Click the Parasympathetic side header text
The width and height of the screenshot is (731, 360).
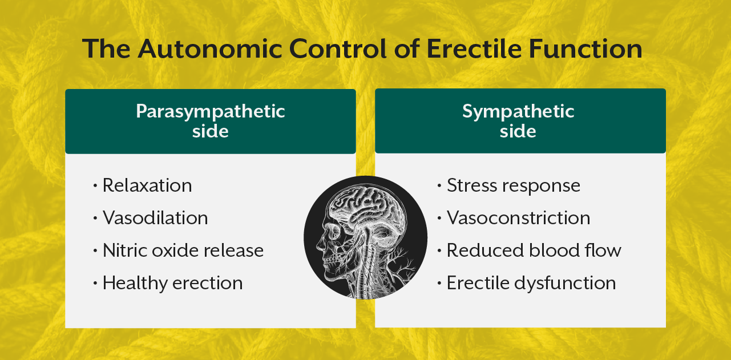click(x=210, y=120)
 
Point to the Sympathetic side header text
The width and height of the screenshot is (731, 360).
click(x=518, y=120)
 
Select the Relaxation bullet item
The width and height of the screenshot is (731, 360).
click(x=147, y=185)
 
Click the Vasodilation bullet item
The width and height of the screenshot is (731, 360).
click(x=155, y=218)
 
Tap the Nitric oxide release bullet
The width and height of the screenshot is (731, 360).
click(x=183, y=250)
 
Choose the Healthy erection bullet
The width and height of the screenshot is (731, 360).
click(x=172, y=283)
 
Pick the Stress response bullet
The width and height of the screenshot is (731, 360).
click(x=513, y=185)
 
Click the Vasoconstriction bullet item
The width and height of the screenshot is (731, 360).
click(x=518, y=218)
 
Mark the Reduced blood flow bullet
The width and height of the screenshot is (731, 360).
click(x=534, y=250)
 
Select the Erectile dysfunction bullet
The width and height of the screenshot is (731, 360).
click(x=531, y=283)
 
